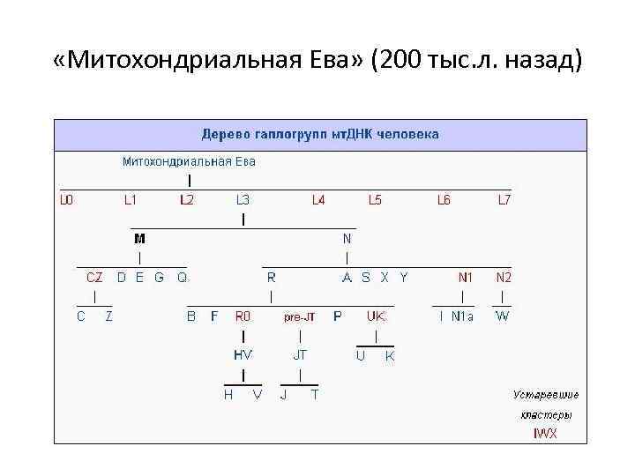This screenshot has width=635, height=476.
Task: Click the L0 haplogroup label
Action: point(67,200)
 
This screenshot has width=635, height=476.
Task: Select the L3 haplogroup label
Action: point(243,200)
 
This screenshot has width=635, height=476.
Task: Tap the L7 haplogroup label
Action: point(504,200)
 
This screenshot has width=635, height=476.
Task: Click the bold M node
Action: point(139,238)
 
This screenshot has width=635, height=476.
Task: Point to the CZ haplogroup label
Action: point(94,277)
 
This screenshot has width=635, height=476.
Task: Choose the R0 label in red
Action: point(243,316)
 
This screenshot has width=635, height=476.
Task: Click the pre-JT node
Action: point(300,316)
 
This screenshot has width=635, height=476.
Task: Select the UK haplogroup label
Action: point(377,316)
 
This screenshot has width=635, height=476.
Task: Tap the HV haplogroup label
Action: point(243,354)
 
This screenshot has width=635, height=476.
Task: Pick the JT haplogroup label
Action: point(300,354)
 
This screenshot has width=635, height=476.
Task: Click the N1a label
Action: point(462,316)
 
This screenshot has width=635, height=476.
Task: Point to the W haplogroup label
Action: point(502,316)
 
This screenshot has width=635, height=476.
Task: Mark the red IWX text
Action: point(545,433)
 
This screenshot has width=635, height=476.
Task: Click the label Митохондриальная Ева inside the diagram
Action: point(189,161)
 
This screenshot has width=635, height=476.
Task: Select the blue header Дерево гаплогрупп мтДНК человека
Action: point(320,135)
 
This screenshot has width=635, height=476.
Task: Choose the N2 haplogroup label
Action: point(503,277)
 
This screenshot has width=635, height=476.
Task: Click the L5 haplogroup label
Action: point(375,200)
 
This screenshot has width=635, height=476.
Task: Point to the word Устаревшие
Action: point(547,394)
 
